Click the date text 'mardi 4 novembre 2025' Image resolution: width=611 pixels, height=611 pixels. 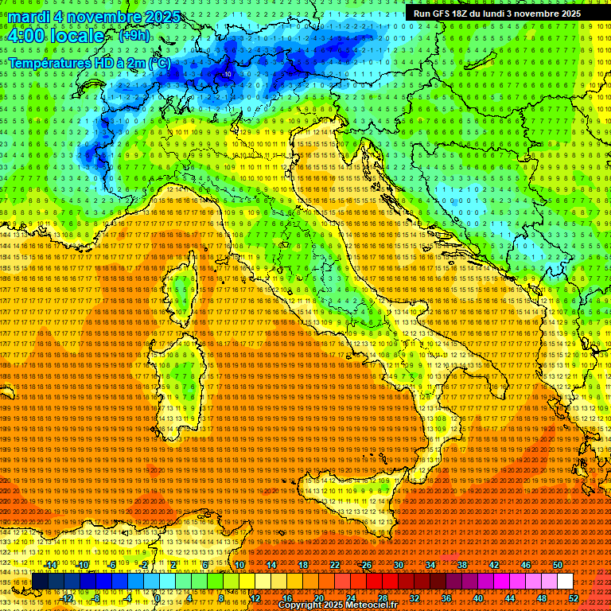pyautogui.click(x=95, y=18)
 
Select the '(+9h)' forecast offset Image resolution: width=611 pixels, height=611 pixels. pyautogui.click(x=133, y=36)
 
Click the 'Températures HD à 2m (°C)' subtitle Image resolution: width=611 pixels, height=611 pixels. pyautogui.click(x=89, y=62)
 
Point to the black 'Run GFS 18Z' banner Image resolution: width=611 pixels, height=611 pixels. pyautogui.click(x=496, y=14)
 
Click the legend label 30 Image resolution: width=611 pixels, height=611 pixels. pyautogui.click(x=398, y=565)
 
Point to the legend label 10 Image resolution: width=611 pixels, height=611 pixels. pyautogui.click(x=239, y=565)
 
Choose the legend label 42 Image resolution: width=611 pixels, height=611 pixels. pyautogui.click(x=493, y=565)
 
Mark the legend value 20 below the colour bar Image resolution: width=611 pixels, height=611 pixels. pyautogui.click(x=318, y=597)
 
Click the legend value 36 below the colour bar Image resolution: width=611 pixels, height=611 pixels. pyautogui.click(x=446, y=597)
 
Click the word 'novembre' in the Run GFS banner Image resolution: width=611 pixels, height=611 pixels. pyautogui.click(x=539, y=14)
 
